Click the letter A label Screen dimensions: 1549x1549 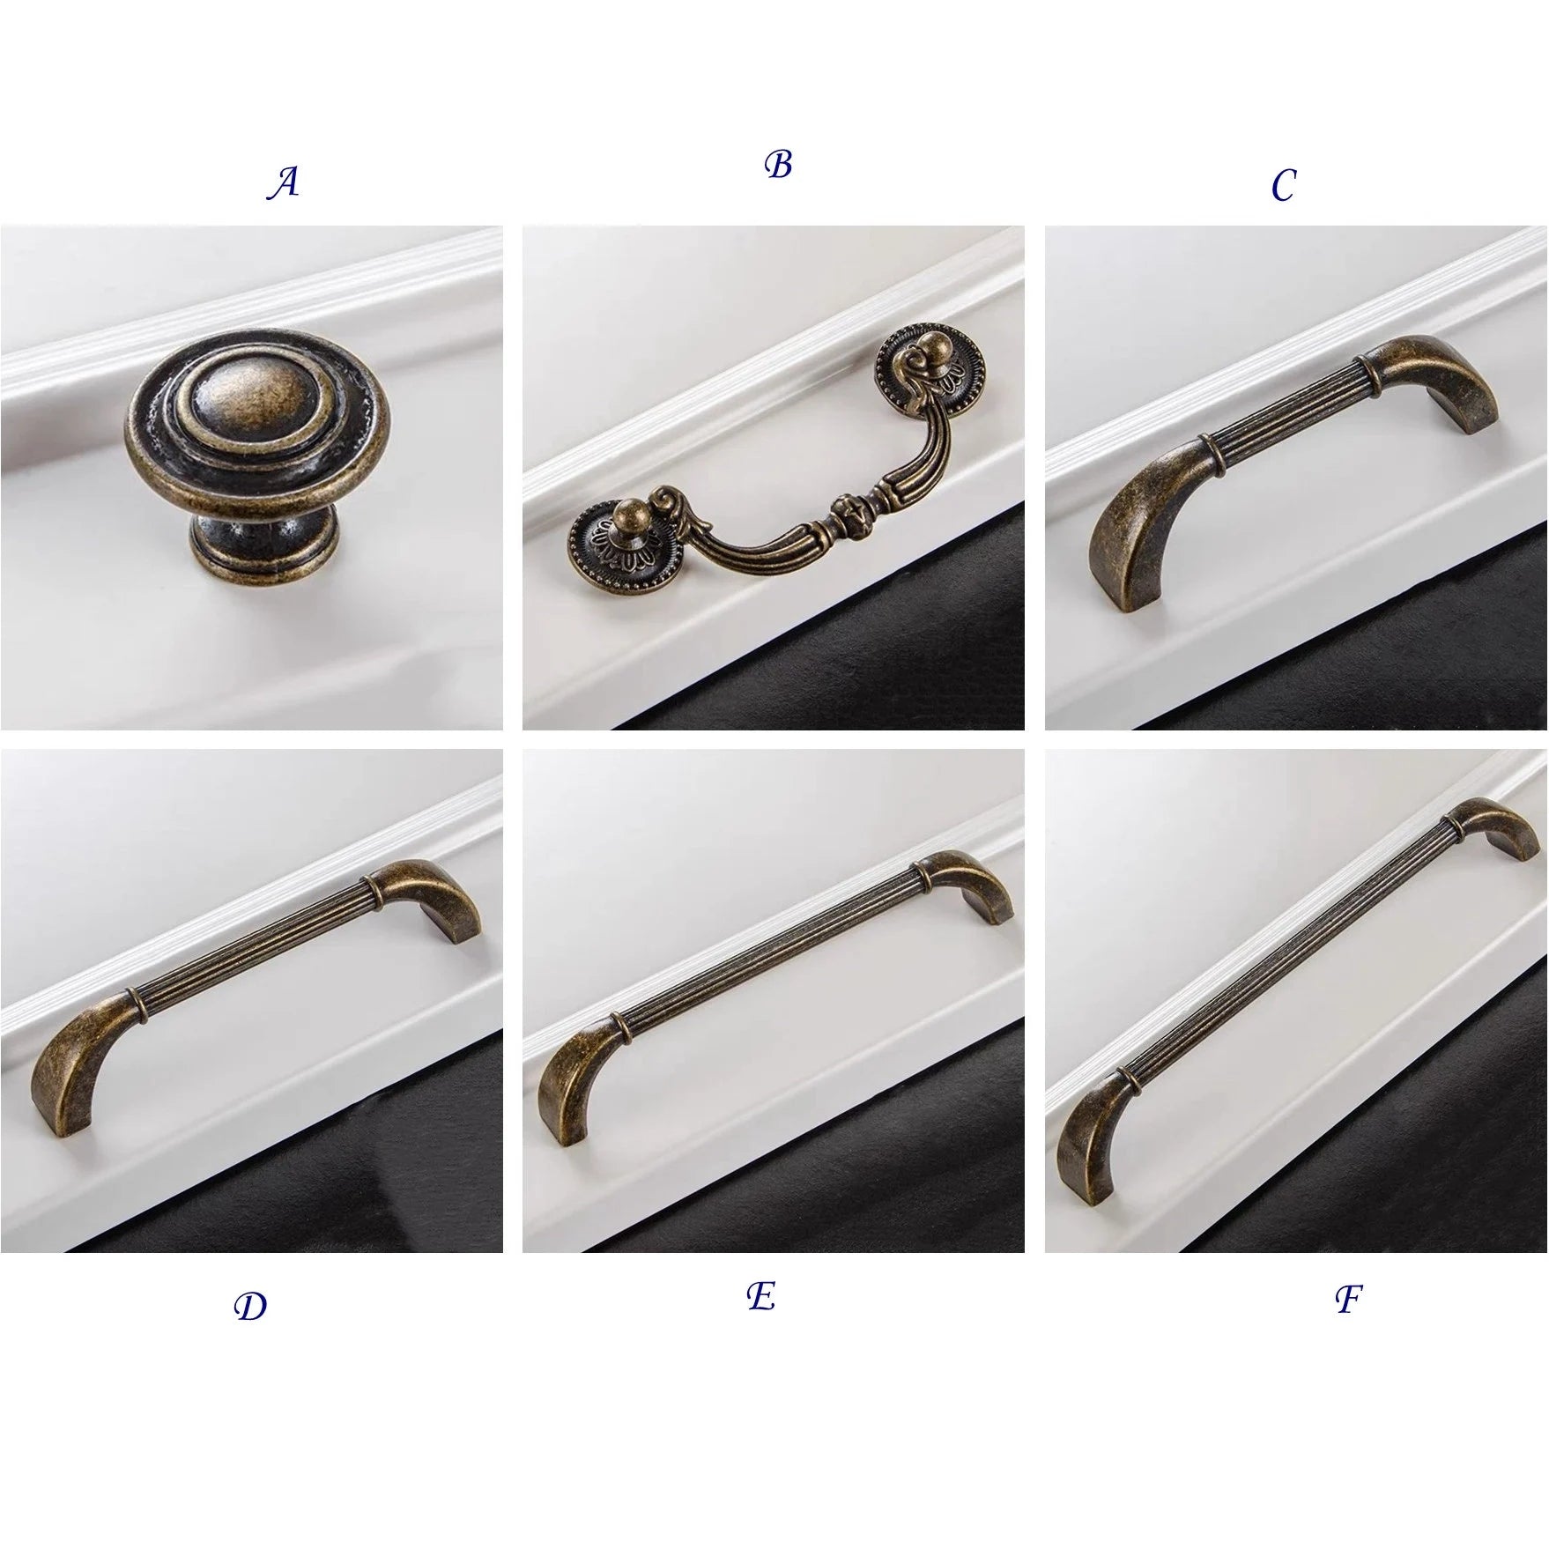283,183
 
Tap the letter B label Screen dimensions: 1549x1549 778,165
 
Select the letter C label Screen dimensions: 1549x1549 1283,185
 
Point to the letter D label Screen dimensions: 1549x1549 250,1307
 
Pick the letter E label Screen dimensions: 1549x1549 760,1295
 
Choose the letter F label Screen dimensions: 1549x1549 1348,1299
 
